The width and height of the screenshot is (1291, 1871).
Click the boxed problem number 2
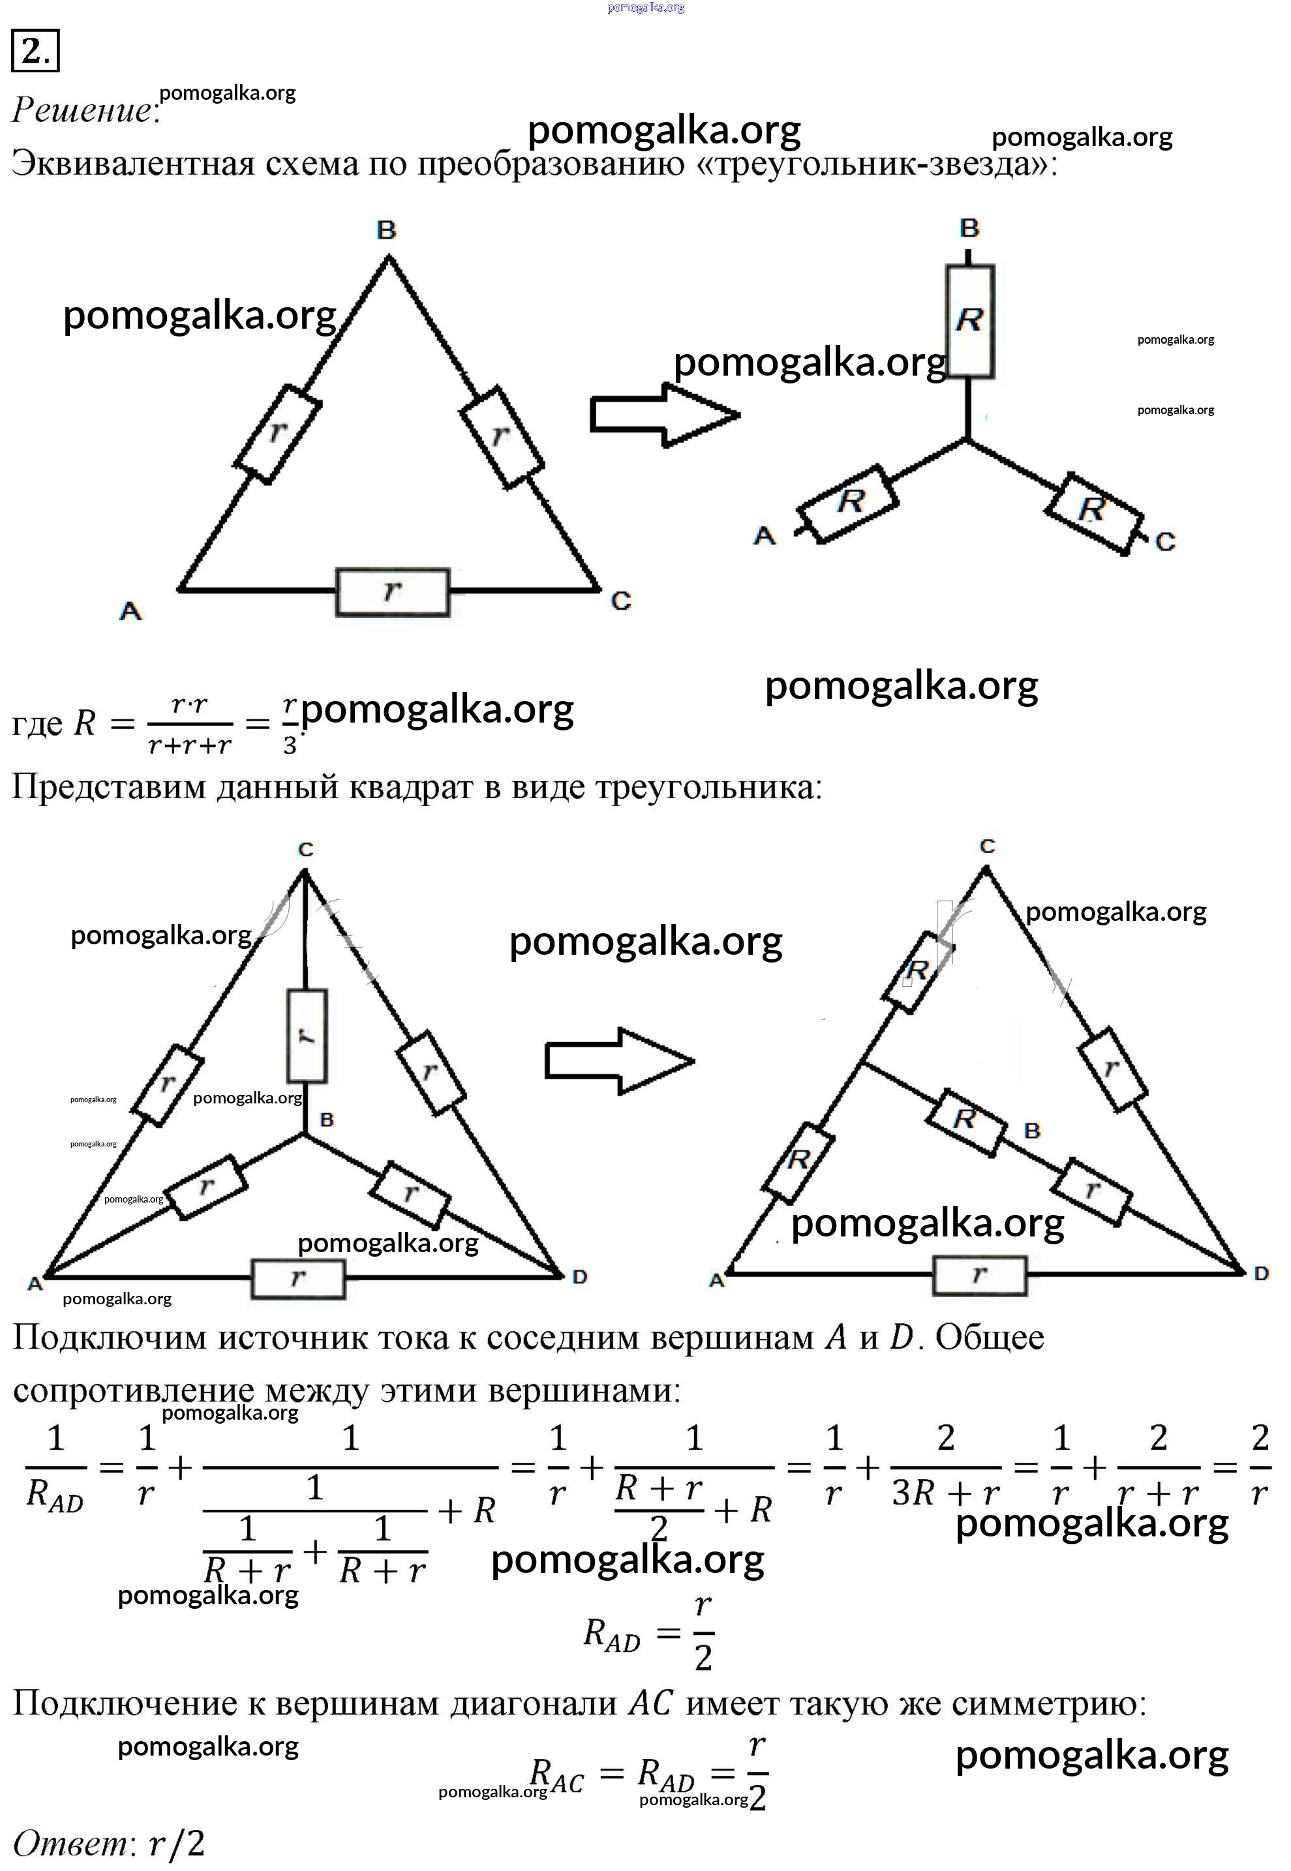(x=35, y=51)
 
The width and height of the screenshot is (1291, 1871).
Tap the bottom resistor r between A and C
(x=392, y=592)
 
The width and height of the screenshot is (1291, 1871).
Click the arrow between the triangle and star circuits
(x=664, y=415)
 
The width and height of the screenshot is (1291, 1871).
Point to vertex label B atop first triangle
(x=387, y=230)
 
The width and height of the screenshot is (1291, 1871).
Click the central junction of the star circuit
(x=967, y=440)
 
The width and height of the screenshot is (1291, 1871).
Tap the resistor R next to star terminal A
(x=847, y=503)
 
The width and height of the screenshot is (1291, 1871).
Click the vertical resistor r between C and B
(x=307, y=1036)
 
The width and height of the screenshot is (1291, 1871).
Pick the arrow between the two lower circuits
(x=620, y=1061)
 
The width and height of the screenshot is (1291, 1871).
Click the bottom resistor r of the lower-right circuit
(x=980, y=1276)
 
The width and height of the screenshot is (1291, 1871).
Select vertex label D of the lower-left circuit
(x=579, y=1277)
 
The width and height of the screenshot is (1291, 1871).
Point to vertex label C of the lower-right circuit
(x=987, y=846)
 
